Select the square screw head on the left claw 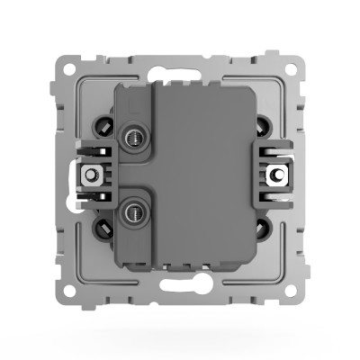click(91, 174)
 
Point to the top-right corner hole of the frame click(293, 67)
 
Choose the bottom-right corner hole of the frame click(293, 292)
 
